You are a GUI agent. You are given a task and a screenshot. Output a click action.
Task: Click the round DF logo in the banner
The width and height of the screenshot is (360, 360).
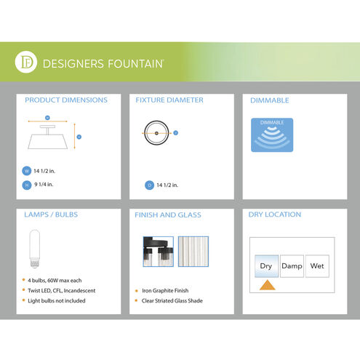coord(26,62)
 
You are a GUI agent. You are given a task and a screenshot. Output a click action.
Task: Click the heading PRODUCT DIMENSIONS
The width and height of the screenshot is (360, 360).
coord(66,100)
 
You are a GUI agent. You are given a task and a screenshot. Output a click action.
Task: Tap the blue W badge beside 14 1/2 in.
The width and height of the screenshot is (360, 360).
coord(27,171)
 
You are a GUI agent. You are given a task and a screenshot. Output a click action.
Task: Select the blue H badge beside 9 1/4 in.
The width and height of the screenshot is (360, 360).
coord(27,185)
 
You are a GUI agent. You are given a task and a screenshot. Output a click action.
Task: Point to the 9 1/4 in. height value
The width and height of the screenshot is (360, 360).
coord(44,185)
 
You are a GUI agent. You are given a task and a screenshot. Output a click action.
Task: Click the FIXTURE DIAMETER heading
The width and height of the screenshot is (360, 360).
coord(169,100)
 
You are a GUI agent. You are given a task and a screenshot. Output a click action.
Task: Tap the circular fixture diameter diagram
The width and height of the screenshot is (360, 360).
coord(156,133)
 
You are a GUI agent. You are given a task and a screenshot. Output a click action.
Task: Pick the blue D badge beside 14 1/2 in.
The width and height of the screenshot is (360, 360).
coord(149,185)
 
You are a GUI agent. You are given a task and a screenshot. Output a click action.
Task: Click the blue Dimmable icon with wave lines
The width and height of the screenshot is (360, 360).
coord(272,135)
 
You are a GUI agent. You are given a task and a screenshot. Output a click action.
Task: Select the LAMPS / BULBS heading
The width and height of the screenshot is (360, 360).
coord(51,215)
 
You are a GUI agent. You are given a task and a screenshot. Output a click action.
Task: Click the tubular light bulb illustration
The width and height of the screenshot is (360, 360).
coord(35,249)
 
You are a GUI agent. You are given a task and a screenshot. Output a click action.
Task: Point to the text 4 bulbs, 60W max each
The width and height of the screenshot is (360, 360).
coord(55,281)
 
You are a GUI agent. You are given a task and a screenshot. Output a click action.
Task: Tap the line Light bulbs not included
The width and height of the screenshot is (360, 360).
coord(57,301)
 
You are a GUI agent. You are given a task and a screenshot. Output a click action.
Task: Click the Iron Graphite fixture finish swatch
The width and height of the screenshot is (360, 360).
coord(159,252)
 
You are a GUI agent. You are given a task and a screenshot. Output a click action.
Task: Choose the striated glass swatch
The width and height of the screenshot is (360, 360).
coord(193,252)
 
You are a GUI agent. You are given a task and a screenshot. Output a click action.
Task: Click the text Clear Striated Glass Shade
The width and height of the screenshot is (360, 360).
coord(172,301)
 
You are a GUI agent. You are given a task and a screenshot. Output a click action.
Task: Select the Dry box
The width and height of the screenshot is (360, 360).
coord(266,266)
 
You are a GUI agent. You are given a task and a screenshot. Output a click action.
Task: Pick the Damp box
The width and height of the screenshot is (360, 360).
coord(292,266)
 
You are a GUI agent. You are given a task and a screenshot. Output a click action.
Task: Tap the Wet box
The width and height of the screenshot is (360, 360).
coord(317,266)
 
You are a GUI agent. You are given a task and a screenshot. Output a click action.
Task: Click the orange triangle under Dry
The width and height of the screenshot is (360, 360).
coord(268,286)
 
